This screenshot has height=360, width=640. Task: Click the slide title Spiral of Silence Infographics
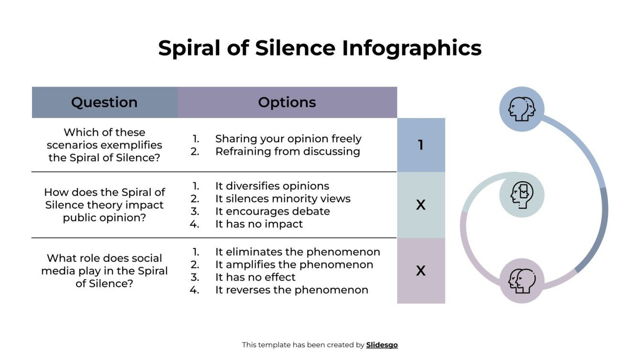point(320,48)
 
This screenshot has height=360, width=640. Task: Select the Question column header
point(104,102)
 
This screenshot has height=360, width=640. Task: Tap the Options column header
point(287,102)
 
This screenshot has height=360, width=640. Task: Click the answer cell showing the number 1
point(420,145)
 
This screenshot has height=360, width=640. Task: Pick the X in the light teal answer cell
point(420,205)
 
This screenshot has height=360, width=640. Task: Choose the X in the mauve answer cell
point(420,271)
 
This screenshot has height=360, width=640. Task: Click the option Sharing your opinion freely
point(288,139)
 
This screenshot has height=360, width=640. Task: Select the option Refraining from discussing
point(287,151)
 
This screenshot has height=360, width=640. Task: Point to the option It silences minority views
point(283,198)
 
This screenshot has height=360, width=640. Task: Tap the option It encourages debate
point(272,211)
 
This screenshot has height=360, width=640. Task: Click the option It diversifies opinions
point(272,186)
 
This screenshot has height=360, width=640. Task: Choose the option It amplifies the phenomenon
point(294,264)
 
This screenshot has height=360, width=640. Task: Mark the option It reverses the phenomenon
point(291,290)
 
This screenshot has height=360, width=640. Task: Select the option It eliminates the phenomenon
point(298,252)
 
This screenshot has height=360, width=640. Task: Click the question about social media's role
point(104,271)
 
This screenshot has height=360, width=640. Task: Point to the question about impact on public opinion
point(104,205)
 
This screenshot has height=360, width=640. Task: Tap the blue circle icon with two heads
point(521,109)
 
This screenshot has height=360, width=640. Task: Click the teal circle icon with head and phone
point(521,195)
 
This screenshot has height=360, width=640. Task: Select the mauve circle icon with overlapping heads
point(521,280)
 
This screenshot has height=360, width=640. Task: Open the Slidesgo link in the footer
point(382,345)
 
